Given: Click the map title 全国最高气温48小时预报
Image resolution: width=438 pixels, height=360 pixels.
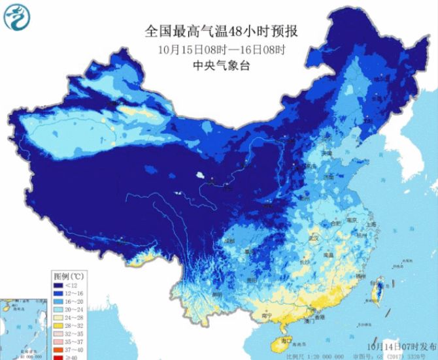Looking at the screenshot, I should tap(218, 31).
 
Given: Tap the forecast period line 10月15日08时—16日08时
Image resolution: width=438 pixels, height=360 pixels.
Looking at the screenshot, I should tap(218, 49).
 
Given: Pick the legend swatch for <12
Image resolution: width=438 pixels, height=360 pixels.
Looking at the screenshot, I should tap(58, 285).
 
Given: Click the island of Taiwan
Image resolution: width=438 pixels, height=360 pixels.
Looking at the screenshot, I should tap(378, 290).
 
